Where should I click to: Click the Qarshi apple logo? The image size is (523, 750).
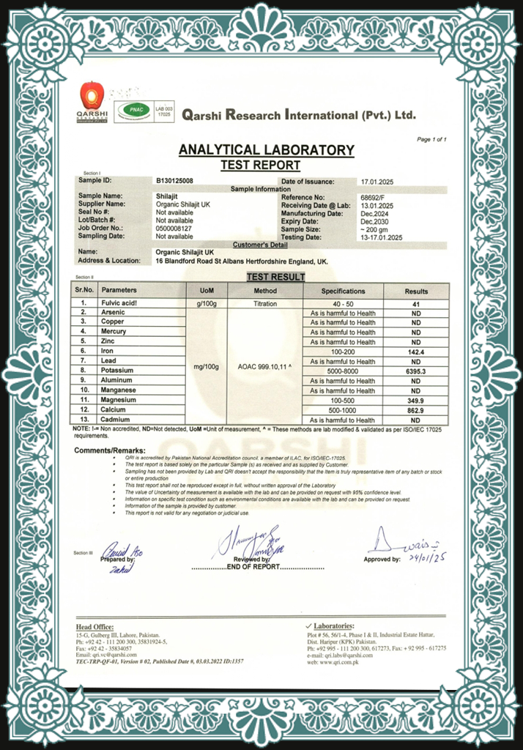coord(92,97)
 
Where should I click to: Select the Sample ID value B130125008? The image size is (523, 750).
coord(175,180)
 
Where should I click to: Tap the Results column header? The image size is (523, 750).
coord(416,291)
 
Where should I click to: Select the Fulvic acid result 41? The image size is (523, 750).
coord(416,302)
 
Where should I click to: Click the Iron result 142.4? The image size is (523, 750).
coord(416,352)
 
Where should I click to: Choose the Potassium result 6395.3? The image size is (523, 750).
coord(416,371)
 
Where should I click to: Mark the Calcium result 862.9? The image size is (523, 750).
coord(416,411)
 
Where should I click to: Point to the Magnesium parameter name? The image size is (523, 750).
coord(119,401)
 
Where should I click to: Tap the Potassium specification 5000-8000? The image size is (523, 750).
coord(343,371)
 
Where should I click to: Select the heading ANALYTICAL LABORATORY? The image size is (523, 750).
coord(266,150)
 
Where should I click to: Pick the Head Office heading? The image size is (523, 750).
coord(94,627)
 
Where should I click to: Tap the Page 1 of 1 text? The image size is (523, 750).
coord(431,139)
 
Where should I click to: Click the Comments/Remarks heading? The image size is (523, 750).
coord(110,450)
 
